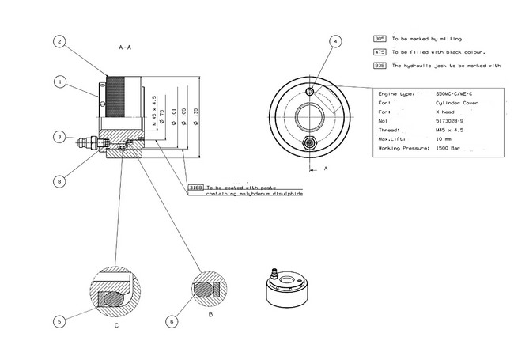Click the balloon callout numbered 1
[59, 81]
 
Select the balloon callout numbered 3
[59, 137]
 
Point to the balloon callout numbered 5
[59, 321]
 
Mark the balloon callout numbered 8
[59, 181]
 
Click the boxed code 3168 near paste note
[196, 187]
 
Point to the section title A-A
[124, 48]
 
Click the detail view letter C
[117, 325]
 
